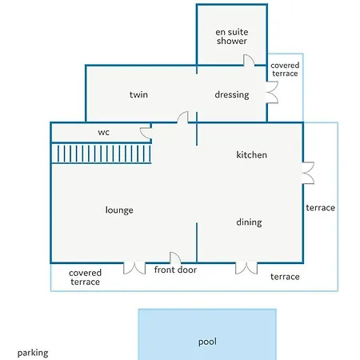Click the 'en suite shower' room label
click(232, 36)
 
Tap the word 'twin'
click(138, 94)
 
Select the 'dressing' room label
click(232, 94)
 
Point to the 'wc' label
click(104, 132)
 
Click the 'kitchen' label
click(251, 154)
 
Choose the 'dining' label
click(249, 222)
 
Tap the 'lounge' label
click(119, 210)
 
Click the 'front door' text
click(175, 270)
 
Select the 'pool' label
click(207, 342)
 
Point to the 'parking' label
click(33, 353)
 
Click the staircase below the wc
click(102, 154)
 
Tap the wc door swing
click(146, 133)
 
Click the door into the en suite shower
click(249, 60)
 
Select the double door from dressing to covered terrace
click(272, 92)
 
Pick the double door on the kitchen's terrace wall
click(308, 173)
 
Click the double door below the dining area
click(246, 268)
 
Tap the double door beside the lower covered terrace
click(134, 268)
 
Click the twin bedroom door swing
click(182, 118)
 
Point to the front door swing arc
click(175, 258)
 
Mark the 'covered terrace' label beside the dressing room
click(285, 70)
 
